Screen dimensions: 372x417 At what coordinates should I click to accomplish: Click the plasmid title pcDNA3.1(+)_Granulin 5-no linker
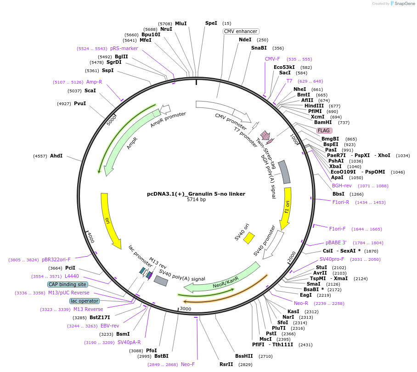coord(196,194)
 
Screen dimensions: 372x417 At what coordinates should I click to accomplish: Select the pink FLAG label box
coord(324,130)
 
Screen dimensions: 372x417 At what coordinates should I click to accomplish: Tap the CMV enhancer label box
coord(241,31)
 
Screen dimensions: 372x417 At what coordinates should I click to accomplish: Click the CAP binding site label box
coord(68,284)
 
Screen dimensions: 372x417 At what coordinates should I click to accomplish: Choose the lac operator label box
coord(85,301)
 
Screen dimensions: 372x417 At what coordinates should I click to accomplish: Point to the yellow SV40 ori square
coord(249,237)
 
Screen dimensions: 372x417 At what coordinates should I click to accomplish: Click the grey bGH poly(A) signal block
coord(284,172)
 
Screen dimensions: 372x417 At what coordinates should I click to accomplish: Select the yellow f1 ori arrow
coord(286,207)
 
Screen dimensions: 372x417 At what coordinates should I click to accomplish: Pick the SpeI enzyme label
coord(211,23)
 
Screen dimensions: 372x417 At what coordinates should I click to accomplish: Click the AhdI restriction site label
coord(56,156)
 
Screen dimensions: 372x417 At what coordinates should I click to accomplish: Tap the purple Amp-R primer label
coord(94,82)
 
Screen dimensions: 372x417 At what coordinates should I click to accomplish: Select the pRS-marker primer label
coord(124,48)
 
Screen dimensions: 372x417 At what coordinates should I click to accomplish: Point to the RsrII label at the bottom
coord(226,364)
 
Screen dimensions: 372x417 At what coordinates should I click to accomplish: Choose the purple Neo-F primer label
coord(188,364)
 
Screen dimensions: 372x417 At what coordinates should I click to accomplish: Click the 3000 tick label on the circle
coord(185,309)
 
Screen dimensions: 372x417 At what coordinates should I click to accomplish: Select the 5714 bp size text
coord(196,200)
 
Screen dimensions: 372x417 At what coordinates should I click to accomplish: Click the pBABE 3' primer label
coord(336,242)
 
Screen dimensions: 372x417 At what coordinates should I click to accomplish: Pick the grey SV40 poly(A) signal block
coord(160,281)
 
